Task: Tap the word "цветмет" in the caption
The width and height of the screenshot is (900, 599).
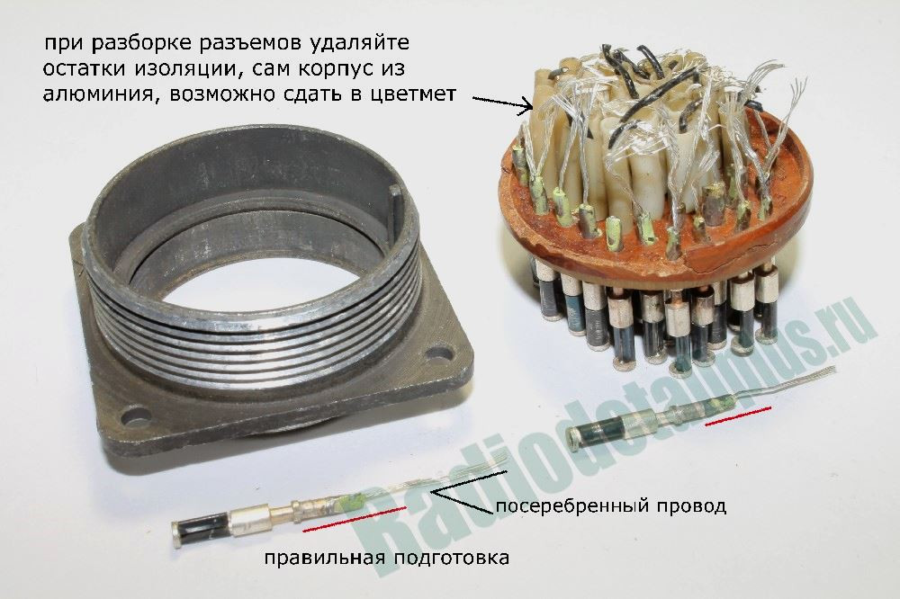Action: click(x=413, y=94)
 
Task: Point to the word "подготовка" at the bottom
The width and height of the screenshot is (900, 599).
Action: click(x=451, y=557)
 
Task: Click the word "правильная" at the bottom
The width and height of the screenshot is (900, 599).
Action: click(x=324, y=557)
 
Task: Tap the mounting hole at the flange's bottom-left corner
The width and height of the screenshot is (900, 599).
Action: click(x=134, y=414)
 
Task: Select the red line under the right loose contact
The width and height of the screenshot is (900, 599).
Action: click(x=738, y=416)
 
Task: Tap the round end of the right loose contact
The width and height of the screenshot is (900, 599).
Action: click(x=574, y=436)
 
